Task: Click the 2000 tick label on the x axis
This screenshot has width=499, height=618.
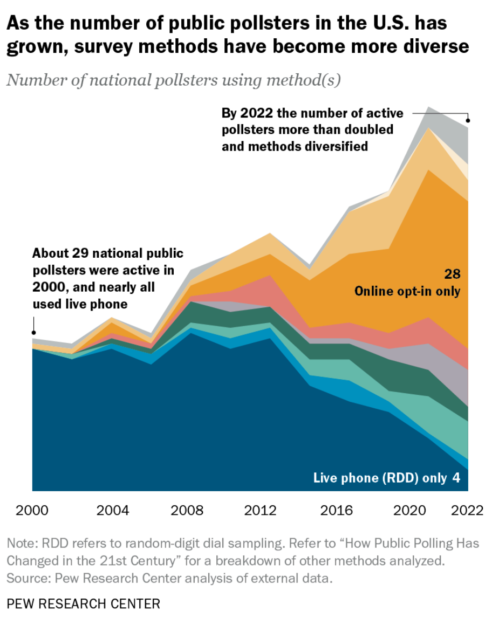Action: pyautogui.click(x=32, y=510)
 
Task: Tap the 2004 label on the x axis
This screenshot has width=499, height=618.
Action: pyautogui.click(x=113, y=510)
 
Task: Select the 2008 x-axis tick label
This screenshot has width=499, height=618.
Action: pyautogui.click(x=187, y=510)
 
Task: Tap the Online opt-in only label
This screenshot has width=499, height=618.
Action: pyautogui.click(x=407, y=291)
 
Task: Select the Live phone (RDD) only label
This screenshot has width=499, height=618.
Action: pyautogui.click(x=380, y=478)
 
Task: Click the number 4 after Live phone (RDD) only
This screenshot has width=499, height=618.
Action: pyautogui.click(x=456, y=478)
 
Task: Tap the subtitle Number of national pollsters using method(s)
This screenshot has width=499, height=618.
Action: pyautogui.click(x=174, y=81)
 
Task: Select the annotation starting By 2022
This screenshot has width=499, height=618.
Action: pyautogui.click(x=312, y=129)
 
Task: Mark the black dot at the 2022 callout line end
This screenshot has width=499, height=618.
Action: pyautogui.click(x=468, y=121)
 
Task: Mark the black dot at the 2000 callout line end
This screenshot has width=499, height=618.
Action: pyautogui.click(x=33, y=334)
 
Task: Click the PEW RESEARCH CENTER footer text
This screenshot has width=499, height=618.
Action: pyautogui.click(x=84, y=603)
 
